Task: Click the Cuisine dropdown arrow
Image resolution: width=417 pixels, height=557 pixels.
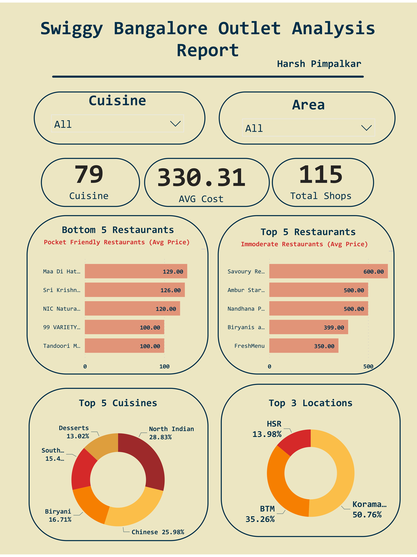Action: [x=175, y=124]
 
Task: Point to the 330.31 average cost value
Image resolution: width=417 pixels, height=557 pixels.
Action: [x=201, y=178]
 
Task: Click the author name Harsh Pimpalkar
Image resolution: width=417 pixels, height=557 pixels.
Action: [x=319, y=64]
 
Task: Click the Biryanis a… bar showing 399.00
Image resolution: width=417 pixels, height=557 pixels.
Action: [x=308, y=327]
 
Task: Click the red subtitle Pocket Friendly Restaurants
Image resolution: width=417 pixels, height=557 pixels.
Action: [x=117, y=242]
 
